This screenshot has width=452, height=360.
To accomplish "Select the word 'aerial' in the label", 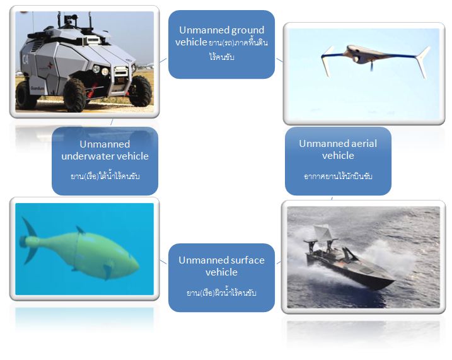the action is (362, 144).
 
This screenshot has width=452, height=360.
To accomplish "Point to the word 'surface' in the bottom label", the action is (249, 260).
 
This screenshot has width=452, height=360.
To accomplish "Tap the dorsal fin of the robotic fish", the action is (80, 229).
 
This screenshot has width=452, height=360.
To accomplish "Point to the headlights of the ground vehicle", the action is (100, 70).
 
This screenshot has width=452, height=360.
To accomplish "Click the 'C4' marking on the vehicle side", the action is (25, 60).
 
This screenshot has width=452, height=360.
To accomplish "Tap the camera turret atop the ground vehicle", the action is (70, 19).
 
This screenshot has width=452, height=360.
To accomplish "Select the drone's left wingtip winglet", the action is (328, 62).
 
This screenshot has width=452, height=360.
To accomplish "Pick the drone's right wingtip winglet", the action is (423, 62).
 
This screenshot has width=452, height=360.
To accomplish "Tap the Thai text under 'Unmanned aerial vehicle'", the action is (338, 176).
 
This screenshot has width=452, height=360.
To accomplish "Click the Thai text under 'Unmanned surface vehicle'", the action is (221, 293).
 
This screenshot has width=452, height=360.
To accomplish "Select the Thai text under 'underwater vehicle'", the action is (105, 176).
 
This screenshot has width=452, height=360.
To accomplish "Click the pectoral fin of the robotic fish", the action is (108, 271).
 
